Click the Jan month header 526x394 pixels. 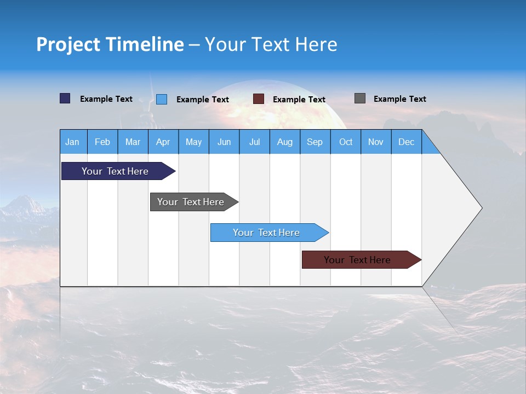click(73, 142)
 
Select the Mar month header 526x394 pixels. click(133, 142)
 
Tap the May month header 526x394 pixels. click(193, 142)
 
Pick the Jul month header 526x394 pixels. click(254, 142)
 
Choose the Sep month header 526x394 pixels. click(315, 142)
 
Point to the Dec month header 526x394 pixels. click(406, 142)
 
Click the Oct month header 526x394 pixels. click(345, 142)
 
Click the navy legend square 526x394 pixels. click(65, 99)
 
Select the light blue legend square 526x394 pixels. click(162, 99)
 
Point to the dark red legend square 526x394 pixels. click(259, 99)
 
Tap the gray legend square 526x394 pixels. click(360, 99)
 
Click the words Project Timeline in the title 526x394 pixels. click(110, 44)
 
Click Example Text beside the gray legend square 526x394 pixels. click(399, 99)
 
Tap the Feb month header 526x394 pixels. click(102, 142)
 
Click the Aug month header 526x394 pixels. click(284, 142)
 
